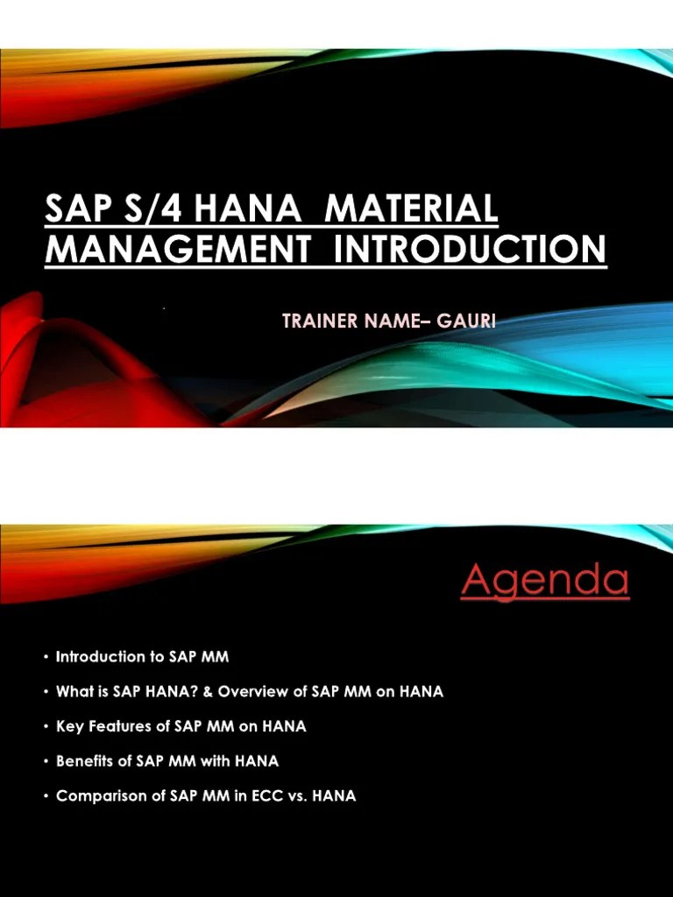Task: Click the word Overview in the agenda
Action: tap(250, 691)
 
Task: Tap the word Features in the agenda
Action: tap(115, 726)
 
